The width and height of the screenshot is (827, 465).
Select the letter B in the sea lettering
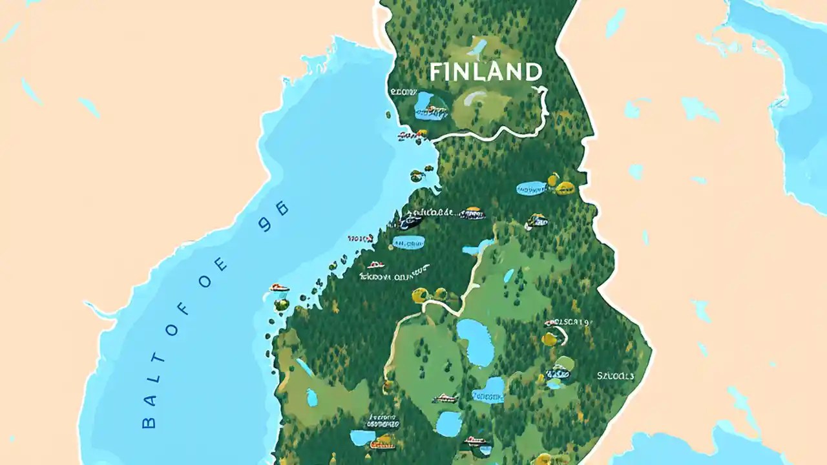(x=148, y=422)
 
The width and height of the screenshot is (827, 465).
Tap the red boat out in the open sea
(x=279, y=288)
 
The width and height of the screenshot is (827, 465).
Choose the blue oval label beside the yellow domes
(x=532, y=189)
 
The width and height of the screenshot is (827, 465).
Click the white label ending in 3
(x=615, y=375)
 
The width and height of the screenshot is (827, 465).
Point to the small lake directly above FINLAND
(x=479, y=46)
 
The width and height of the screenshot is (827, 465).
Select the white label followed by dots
(x=430, y=212)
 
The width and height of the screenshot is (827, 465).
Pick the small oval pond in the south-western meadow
(x=312, y=397)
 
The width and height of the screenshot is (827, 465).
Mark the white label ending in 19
(x=568, y=321)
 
